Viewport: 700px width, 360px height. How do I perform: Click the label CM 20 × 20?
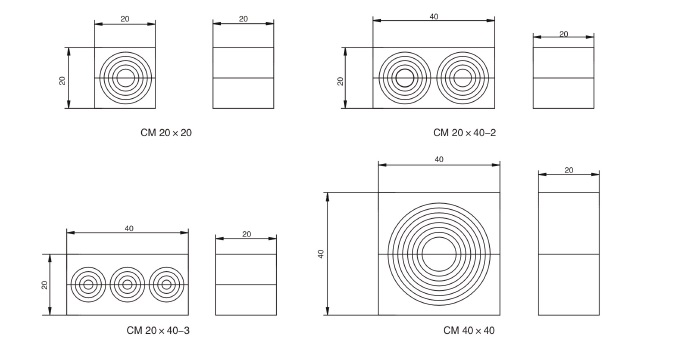pyautogui.click(x=166, y=133)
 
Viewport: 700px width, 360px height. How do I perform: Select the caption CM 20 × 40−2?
pyautogui.click(x=464, y=133)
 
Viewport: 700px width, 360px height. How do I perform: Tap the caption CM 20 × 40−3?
pyautogui.click(x=158, y=331)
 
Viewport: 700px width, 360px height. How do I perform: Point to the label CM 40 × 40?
pyautogui.click(x=469, y=331)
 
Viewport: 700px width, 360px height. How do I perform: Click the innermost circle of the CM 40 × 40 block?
pyautogui.click(x=439, y=238)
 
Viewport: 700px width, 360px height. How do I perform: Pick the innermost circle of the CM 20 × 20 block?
pyautogui.click(x=125, y=69)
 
